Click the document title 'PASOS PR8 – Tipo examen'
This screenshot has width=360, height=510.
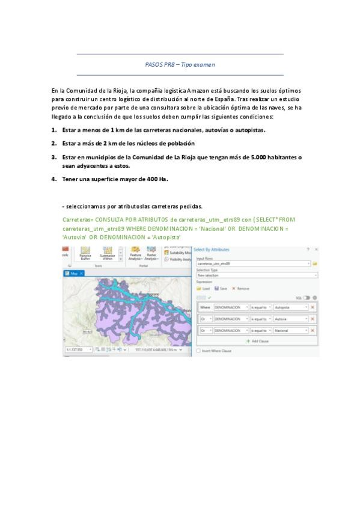[x=180, y=64]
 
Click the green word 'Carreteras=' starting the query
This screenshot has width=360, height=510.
[x=78, y=220]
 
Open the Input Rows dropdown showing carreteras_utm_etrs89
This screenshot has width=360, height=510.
[x=252, y=263]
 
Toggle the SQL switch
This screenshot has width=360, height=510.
[x=307, y=298]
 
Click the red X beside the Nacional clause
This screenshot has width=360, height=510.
[x=313, y=330]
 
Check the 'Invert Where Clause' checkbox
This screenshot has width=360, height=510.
[x=198, y=350]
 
